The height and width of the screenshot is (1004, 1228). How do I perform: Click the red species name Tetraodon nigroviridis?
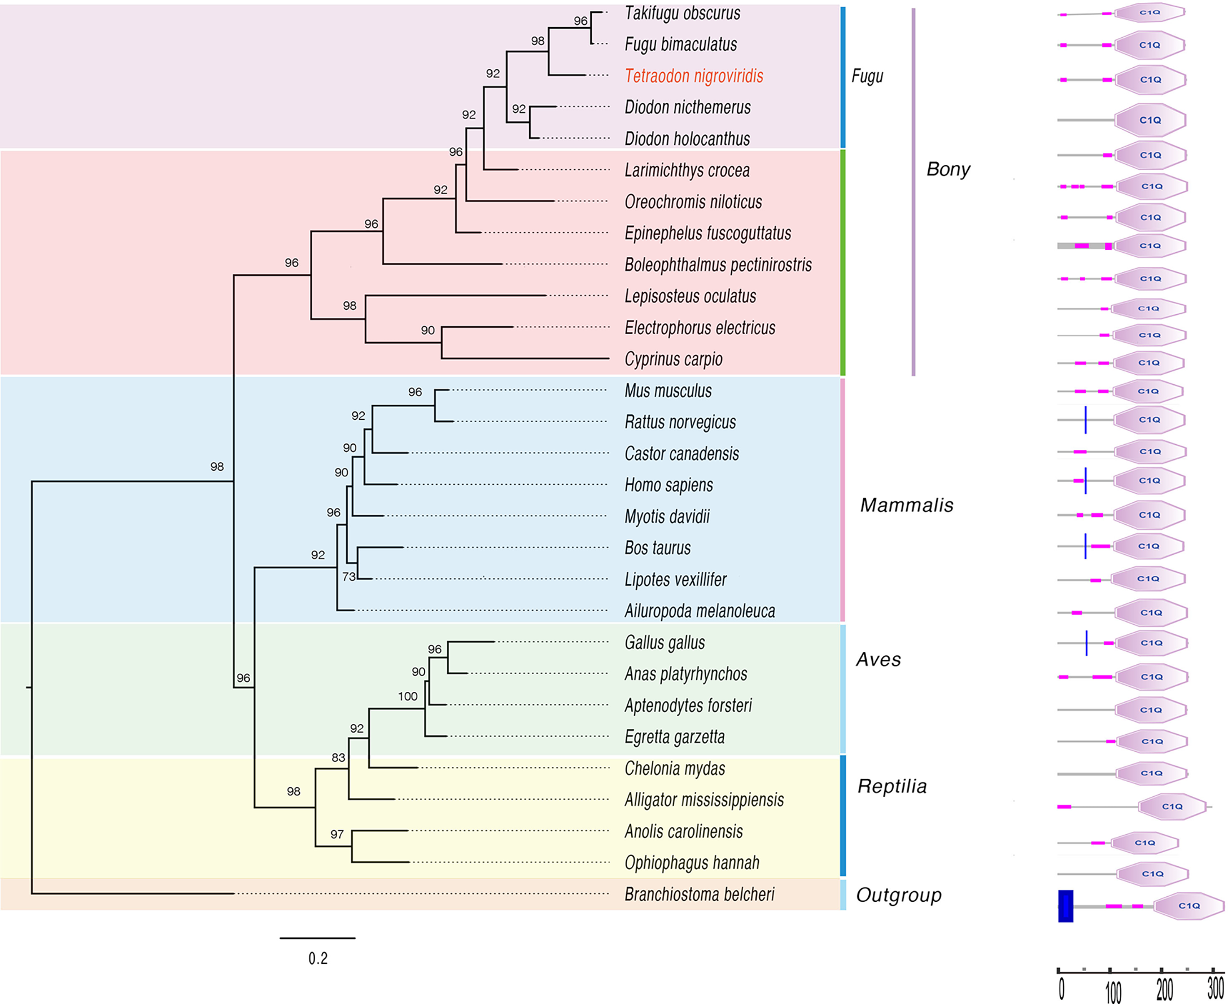click(693, 76)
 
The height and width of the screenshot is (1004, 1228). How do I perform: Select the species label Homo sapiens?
click(668, 485)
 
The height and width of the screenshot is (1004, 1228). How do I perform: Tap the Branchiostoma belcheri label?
click(699, 894)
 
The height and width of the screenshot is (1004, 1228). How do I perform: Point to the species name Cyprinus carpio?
click(674, 359)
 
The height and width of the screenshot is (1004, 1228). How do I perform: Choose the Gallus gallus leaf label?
click(665, 643)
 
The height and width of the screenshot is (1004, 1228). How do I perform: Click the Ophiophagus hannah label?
click(692, 863)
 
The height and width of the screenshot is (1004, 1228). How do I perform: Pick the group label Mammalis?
click(906, 506)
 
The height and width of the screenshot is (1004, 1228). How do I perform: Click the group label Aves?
click(878, 660)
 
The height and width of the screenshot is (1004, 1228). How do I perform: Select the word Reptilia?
click(892, 787)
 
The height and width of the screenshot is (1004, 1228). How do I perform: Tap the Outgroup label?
click(898, 895)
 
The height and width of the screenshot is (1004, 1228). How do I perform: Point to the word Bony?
click(948, 169)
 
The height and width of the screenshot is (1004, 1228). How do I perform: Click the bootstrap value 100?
click(408, 696)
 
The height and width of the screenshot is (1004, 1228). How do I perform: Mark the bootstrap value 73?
click(349, 577)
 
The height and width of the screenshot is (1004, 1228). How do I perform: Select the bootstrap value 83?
click(338, 757)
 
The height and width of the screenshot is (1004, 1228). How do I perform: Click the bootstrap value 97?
click(337, 835)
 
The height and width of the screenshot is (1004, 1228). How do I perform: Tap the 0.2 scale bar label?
click(317, 958)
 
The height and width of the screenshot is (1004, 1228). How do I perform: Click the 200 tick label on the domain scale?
click(1164, 989)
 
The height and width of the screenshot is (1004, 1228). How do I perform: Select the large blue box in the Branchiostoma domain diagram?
click(1065, 906)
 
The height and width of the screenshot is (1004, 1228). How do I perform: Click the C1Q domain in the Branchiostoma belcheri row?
click(1188, 906)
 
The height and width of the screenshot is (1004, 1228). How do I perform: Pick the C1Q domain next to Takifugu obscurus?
click(1150, 12)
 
